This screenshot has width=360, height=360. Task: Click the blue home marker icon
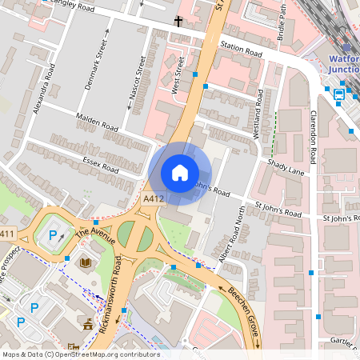(x=180, y=173)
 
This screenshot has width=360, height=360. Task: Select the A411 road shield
(x=6, y=234)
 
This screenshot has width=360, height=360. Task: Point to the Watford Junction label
(x=344, y=63)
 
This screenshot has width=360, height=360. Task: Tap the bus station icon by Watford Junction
(x=339, y=94)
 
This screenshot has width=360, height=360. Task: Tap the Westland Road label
(x=258, y=114)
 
